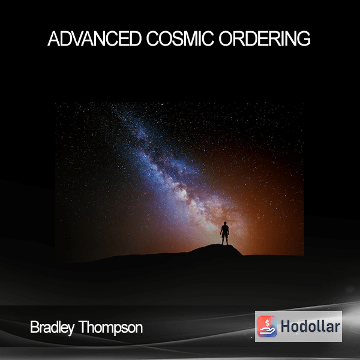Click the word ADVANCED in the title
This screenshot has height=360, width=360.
(95, 38)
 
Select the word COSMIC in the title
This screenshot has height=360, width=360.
(181, 38)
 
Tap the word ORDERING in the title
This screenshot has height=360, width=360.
(265, 38)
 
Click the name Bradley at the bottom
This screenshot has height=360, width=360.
(52, 328)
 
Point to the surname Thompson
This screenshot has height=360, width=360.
(110, 328)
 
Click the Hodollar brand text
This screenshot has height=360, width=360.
(310, 326)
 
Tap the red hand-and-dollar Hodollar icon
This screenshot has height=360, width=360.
(267, 326)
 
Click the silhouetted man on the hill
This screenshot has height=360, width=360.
(225, 233)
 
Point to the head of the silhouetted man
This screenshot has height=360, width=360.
(225, 223)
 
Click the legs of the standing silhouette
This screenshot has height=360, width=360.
(225, 241)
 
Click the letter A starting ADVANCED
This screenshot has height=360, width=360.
(53, 39)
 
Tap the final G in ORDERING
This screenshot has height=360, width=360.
(304, 38)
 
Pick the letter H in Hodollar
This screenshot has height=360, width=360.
(286, 326)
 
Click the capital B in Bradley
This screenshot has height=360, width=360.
(34, 327)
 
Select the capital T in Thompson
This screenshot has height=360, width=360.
(83, 327)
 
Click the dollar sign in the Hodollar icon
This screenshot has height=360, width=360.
(267, 323)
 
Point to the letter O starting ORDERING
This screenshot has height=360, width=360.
(226, 38)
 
